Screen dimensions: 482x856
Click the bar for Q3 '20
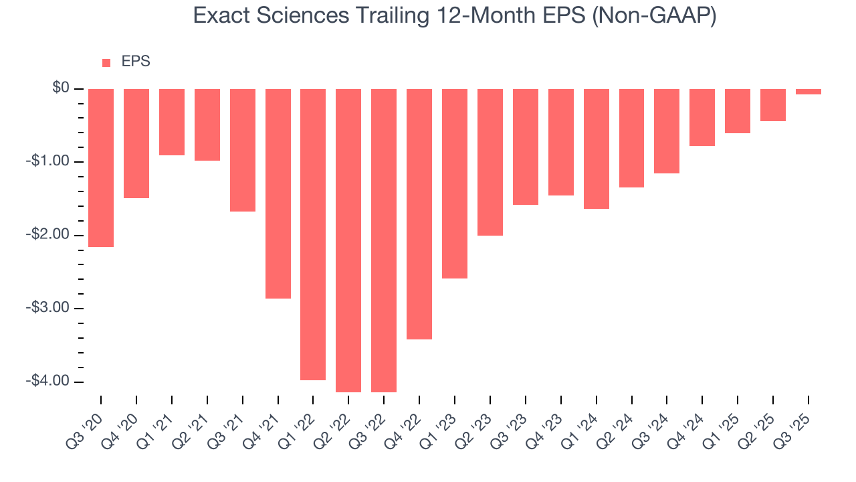point(101,168)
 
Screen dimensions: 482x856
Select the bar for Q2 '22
point(348,240)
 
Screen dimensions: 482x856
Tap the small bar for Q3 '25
point(809,92)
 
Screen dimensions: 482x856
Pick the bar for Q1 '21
point(172,122)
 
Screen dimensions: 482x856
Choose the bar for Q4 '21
point(278,193)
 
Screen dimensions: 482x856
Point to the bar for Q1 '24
point(597,149)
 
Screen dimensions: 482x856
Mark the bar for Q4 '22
point(419,214)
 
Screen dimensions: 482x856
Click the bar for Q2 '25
point(773,105)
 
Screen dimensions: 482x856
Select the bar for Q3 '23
point(526,147)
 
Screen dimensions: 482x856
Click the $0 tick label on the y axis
point(62,88)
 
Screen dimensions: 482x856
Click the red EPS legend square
point(106,63)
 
